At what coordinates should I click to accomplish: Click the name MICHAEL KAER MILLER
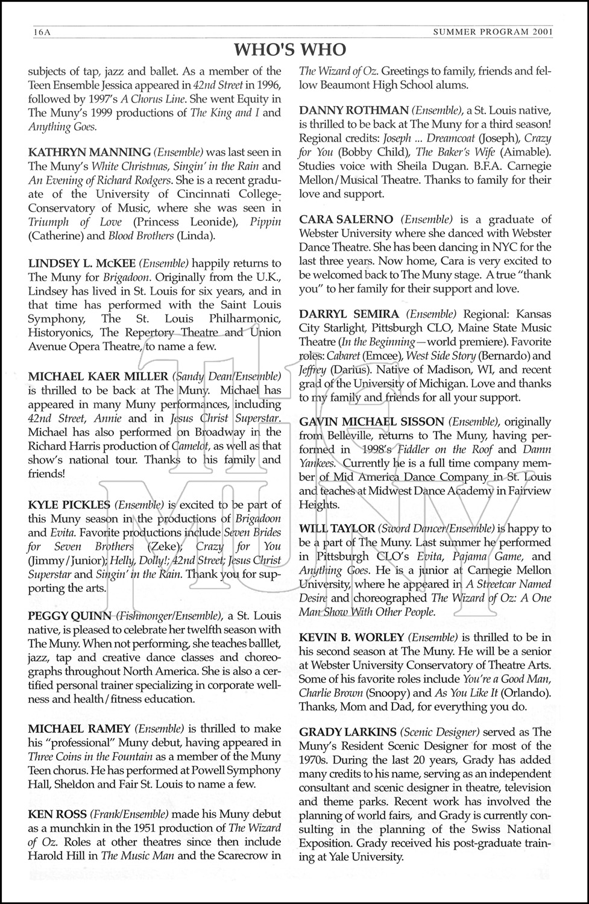[98, 377]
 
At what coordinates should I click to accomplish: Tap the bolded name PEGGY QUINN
[69, 616]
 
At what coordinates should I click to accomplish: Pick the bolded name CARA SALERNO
[346, 219]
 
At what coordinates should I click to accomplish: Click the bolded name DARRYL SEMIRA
[349, 314]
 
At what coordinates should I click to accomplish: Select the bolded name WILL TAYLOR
[337, 529]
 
